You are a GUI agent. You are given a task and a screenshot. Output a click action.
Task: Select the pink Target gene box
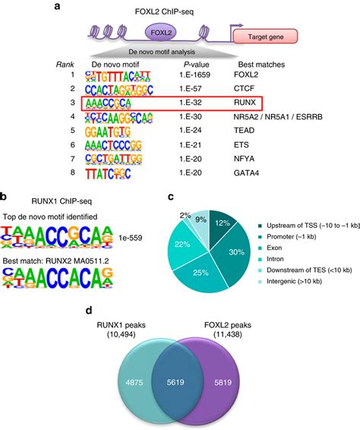[262, 36]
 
